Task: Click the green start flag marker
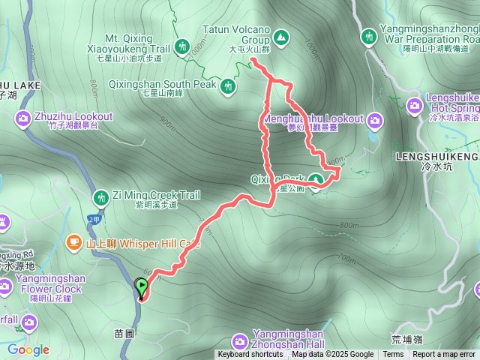point(141,286)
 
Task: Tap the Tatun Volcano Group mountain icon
point(280,35)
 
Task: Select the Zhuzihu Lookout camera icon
point(22,118)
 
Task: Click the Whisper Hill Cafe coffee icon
point(73,241)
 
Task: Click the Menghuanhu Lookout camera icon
point(375,119)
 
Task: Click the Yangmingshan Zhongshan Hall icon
point(240,340)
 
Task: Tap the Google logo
point(28,349)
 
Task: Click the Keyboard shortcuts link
point(250,355)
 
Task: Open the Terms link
point(393,355)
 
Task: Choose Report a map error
point(444,355)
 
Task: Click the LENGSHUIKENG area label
point(436,157)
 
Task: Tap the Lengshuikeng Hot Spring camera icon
point(414,106)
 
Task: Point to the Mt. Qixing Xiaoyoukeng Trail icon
point(182,46)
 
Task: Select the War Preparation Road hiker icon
point(368,35)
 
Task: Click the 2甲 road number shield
point(94,218)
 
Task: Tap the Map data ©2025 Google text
point(332,355)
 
